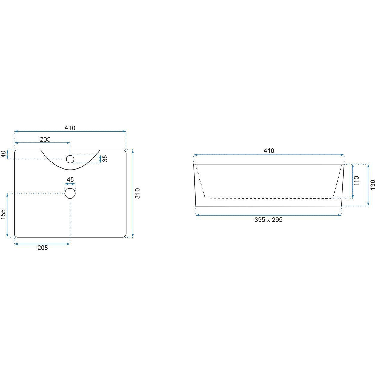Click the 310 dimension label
pos(138,193)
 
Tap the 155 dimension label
pos(3,214)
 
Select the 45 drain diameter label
pos(70,180)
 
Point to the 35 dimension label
pos(105,159)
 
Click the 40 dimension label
pos(4,154)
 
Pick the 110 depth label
pos(356,181)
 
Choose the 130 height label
pos(372,185)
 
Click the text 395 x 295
pos(268,220)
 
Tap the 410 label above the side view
pos(269,150)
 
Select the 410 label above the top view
pos(70,128)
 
